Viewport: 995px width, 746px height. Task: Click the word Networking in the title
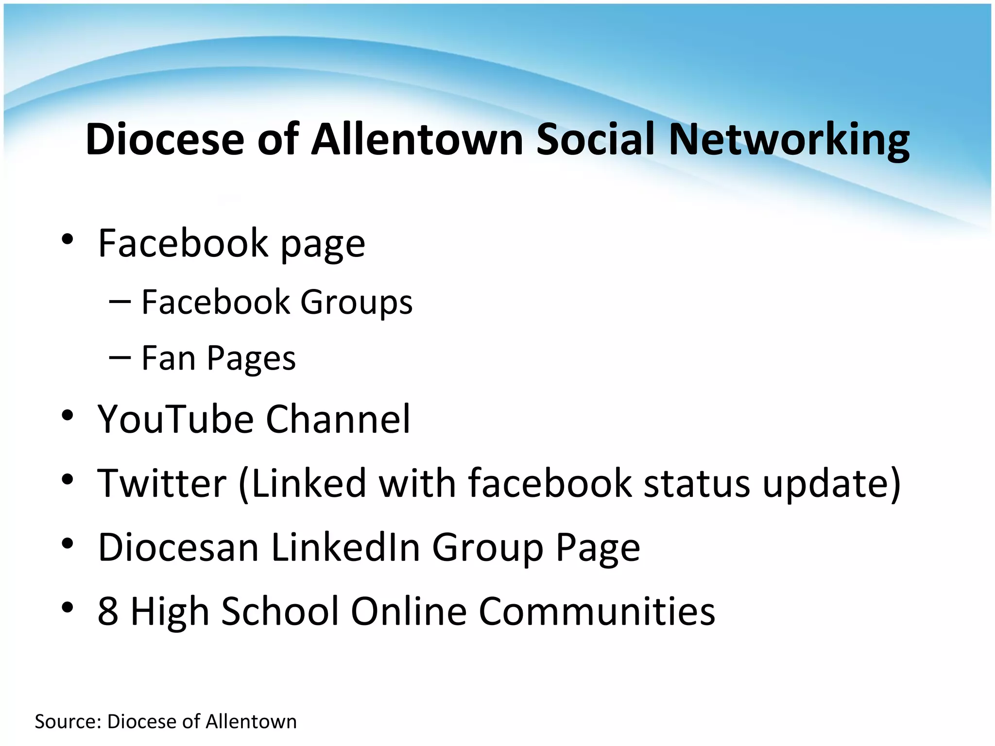pyautogui.click(x=789, y=140)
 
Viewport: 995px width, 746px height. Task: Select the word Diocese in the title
pyautogui.click(x=165, y=140)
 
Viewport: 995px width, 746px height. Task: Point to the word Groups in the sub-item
pyautogui.click(x=356, y=302)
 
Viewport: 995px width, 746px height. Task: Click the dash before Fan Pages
pyautogui.click(x=120, y=357)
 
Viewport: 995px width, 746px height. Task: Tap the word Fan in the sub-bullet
pyautogui.click(x=168, y=358)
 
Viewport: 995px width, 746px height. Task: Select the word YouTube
pyautogui.click(x=175, y=419)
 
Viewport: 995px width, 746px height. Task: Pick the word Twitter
pyautogui.click(x=162, y=483)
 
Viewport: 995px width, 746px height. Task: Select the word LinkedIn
pyautogui.click(x=345, y=547)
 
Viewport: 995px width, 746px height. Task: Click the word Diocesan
pyautogui.click(x=178, y=547)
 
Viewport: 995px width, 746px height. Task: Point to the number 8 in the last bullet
pyautogui.click(x=108, y=611)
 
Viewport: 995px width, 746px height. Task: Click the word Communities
pyautogui.click(x=597, y=611)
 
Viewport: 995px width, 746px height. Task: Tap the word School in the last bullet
pyautogui.click(x=280, y=611)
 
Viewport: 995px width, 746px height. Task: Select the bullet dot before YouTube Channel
pyautogui.click(x=68, y=415)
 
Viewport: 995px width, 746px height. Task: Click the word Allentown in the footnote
pyautogui.click(x=251, y=722)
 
